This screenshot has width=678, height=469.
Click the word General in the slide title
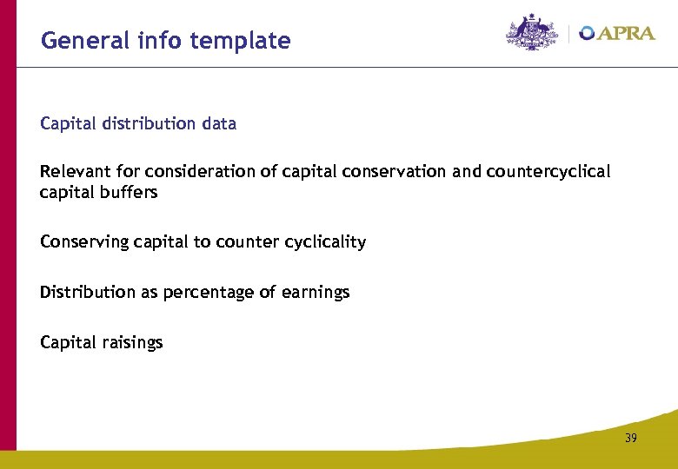click(75, 40)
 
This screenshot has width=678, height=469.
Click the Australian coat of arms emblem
click(533, 32)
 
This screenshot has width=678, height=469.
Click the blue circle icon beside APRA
click(587, 33)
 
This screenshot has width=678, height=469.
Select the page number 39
click(630, 439)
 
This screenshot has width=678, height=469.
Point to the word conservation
click(396, 171)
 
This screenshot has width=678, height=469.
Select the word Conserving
click(84, 241)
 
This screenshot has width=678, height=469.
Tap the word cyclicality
click(325, 241)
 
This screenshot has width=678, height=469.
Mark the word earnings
click(315, 292)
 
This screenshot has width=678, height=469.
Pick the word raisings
click(132, 342)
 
